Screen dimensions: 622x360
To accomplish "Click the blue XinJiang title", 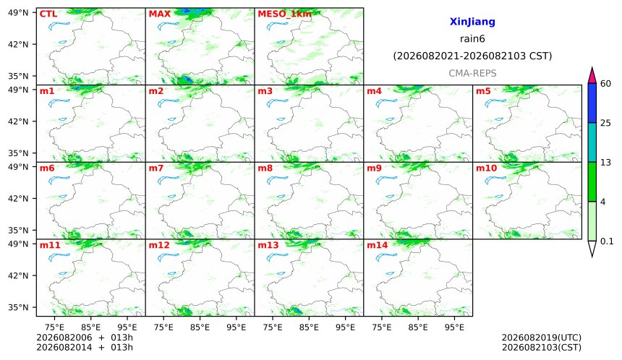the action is (x=472, y=22).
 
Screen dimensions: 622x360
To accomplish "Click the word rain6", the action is (x=472, y=39).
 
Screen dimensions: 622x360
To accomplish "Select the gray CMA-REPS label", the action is (x=472, y=73).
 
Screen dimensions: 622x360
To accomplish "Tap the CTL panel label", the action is (x=48, y=14).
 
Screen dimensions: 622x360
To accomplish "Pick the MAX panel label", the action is (x=159, y=14).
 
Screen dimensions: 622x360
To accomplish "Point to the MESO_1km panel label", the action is (x=284, y=14).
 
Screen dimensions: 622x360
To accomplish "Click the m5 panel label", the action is (x=483, y=91).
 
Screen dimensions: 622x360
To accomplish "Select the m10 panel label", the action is (x=486, y=168).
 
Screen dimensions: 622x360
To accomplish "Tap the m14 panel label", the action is (x=378, y=245).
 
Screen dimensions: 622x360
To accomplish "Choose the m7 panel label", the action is (x=156, y=168).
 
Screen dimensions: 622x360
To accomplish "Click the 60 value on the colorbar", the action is (x=605, y=84).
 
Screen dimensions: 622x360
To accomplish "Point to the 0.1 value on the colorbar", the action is (x=607, y=241).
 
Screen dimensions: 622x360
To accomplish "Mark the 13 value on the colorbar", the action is (x=605, y=163).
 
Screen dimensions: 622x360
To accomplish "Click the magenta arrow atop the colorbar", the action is (x=592, y=75).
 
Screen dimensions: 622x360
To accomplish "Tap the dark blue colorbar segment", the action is (x=592, y=103).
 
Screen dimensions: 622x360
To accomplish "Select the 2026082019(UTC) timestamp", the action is (x=542, y=338).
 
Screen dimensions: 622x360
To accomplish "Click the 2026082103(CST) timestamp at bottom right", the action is (x=542, y=348).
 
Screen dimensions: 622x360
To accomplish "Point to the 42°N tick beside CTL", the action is (x=18, y=44).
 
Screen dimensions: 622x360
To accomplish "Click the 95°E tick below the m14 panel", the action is (x=454, y=327).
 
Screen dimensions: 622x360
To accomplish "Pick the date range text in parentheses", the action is (x=472, y=56).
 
